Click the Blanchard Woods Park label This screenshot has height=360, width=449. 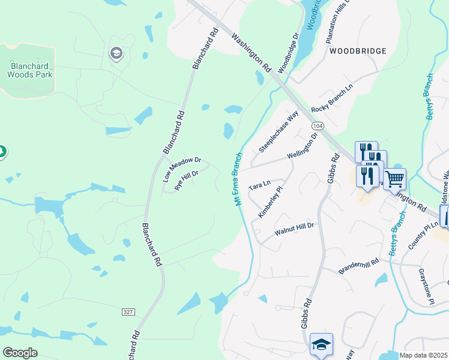pyautogui.click(x=30, y=70)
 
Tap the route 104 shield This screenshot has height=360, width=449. pyautogui.click(x=318, y=126)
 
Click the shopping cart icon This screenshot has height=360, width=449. pyautogui.click(x=394, y=178)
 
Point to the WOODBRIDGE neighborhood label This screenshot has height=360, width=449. pyautogui.click(x=358, y=51)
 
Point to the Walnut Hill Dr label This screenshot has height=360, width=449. pyautogui.click(x=294, y=229)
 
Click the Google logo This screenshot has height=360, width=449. pyautogui.click(x=20, y=353)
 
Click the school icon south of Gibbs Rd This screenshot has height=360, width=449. pyautogui.click(x=321, y=344)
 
